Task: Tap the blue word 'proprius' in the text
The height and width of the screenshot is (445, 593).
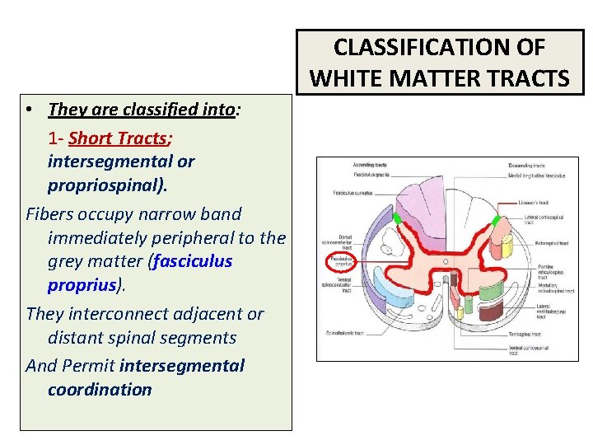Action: (83, 284)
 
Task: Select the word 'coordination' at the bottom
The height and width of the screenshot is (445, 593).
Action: (100, 389)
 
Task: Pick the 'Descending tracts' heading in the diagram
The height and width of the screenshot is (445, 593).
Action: (527, 166)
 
